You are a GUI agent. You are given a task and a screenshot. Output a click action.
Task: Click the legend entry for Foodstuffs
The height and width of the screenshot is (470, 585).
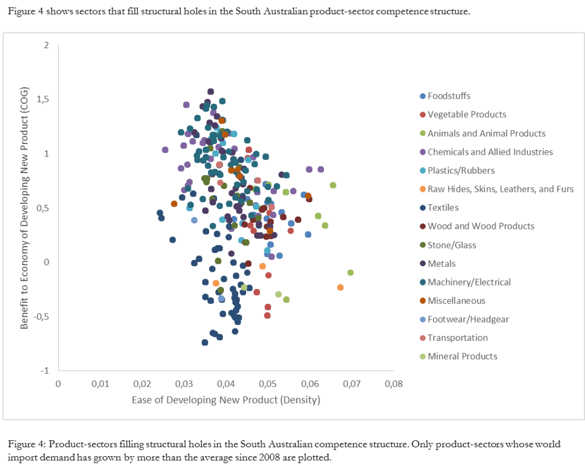click(x=449, y=96)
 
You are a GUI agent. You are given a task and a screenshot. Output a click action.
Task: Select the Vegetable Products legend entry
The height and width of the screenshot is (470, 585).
click(x=467, y=114)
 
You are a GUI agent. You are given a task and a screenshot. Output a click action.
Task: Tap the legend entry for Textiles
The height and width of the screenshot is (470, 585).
click(x=443, y=207)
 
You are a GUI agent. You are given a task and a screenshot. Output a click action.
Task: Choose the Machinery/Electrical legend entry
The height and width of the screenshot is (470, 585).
click(x=469, y=282)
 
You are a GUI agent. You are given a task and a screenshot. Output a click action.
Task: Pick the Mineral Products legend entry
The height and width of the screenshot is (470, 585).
click(x=462, y=356)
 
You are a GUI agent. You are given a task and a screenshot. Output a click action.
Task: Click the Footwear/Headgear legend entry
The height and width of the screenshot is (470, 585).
click(x=468, y=319)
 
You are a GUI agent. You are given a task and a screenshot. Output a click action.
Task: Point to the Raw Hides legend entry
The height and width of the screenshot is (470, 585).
click(x=500, y=189)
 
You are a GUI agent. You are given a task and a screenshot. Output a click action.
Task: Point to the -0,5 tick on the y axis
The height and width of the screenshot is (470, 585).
click(x=41, y=316)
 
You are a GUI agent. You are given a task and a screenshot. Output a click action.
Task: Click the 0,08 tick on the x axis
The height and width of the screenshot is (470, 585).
click(x=393, y=383)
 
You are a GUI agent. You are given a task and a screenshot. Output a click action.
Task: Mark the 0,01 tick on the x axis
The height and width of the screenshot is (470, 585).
click(x=99, y=383)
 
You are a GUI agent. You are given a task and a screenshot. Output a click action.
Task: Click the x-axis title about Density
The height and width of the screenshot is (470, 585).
click(x=226, y=400)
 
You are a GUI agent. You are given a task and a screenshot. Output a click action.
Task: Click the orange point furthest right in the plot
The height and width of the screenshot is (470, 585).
click(x=340, y=287)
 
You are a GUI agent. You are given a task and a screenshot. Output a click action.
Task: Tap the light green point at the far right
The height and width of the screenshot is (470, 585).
click(x=350, y=272)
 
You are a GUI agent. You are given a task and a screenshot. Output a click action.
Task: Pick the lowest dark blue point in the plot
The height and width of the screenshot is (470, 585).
click(x=205, y=342)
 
